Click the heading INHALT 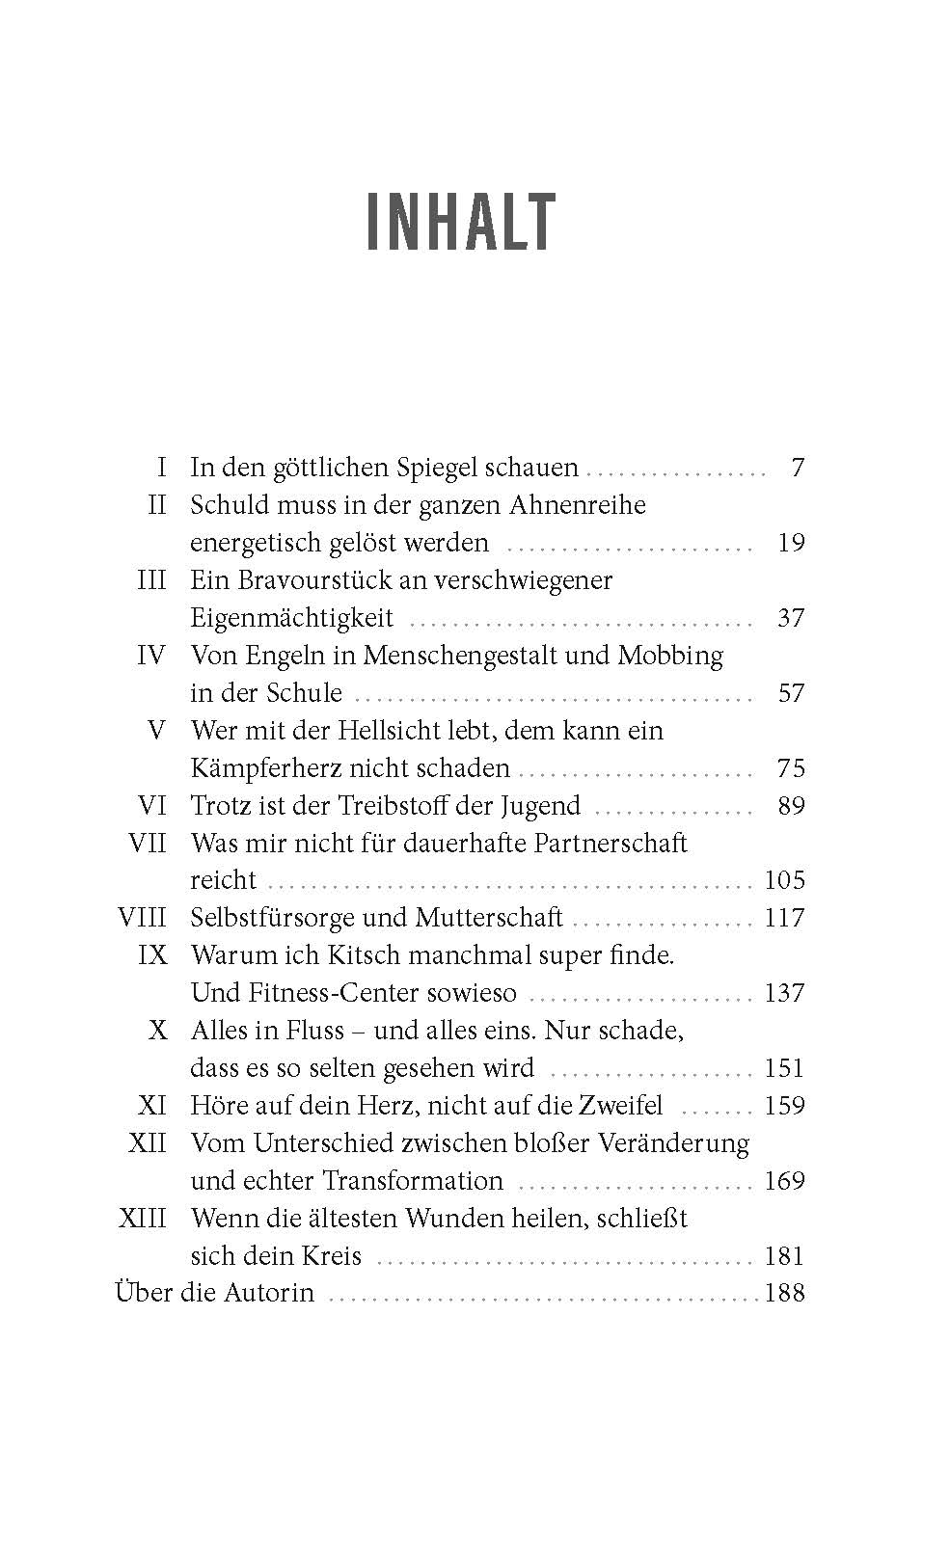tap(462, 223)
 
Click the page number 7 tap(797, 468)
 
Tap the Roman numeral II tap(156, 505)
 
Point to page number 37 tap(790, 618)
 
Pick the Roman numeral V tap(157, 730)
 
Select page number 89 tap(790, 805)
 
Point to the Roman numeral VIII tap(142, 917)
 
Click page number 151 tap(783, 1068)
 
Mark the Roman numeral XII tap(148, 1143)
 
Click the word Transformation tap(413, 1181)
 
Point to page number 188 tap(784, 1293)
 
